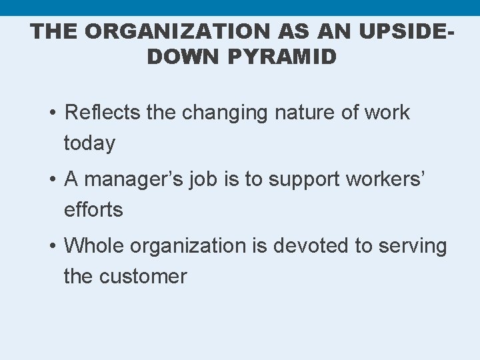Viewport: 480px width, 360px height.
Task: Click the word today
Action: [89, 143]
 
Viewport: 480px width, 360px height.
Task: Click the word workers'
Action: [384, 180]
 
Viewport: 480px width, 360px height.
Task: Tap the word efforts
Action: [93, 210]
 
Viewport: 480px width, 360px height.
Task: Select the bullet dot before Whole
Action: [53, 247]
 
